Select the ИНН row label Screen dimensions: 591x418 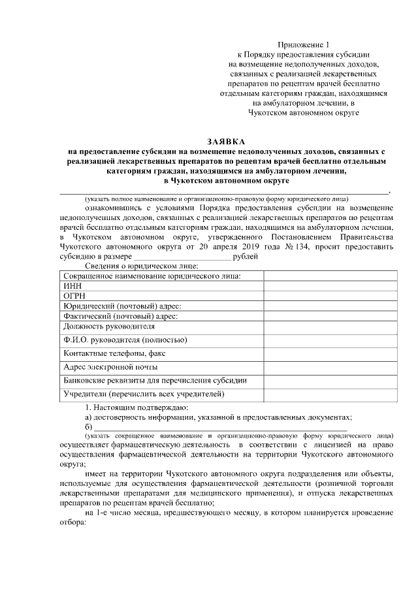(72, 286)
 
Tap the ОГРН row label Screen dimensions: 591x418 (74, 296)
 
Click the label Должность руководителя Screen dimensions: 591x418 (109, 326)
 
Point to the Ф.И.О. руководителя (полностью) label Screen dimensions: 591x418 (125, 340)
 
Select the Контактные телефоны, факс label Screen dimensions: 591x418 (114, 353)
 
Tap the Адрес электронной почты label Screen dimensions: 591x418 (110, 367)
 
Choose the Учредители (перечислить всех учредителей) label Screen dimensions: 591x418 (144, 394)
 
